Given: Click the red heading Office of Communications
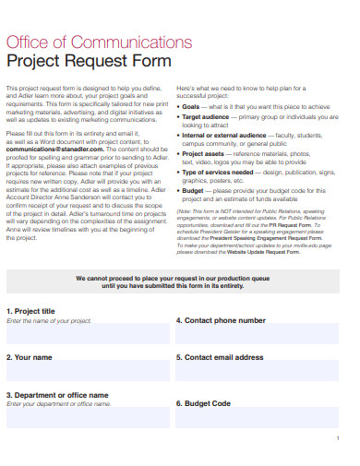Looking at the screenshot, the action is click(x=99, y=42).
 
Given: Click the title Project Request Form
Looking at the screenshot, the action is click(x=89, y=62).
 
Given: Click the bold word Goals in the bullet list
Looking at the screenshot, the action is click(x=193, y=107).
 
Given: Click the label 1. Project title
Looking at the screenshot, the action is click(x=31, y=311).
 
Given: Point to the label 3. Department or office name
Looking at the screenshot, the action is click(x=58, y=395).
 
